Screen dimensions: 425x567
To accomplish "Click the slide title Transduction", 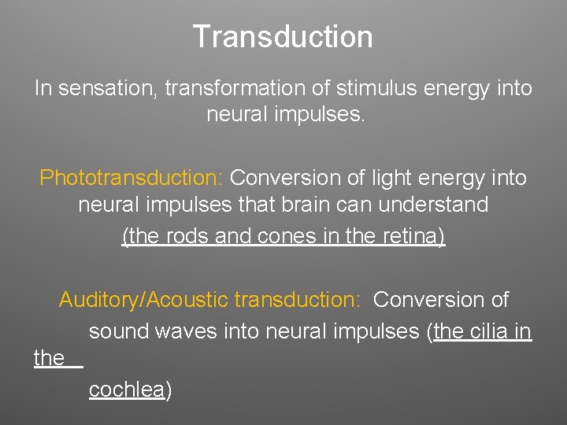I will [x=283, y=36].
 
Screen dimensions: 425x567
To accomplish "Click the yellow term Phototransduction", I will [x=132, y=178].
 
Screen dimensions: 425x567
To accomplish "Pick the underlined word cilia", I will [x=490, y=331].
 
